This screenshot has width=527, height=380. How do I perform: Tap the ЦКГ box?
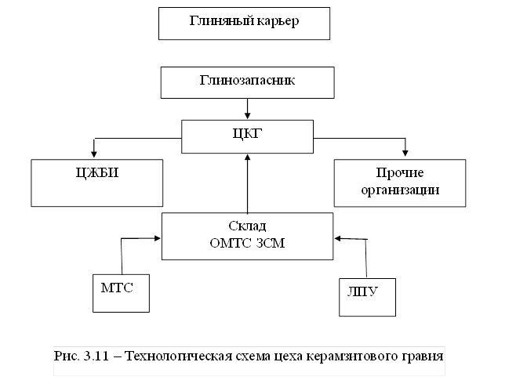coord(247,136)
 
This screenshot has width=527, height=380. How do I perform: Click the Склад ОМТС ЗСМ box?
coord(247,235)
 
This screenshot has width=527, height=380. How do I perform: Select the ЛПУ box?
coord(367,295)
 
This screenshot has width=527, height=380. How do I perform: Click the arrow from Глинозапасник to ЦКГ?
coord(248,107)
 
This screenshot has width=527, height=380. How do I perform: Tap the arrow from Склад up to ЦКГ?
coord(248,184)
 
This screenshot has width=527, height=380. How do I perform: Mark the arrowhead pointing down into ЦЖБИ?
coord(93,154)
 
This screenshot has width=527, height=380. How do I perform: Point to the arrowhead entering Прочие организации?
coord(405,154)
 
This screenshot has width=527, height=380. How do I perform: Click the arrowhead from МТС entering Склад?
coord(157,240)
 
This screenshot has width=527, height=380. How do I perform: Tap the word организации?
coord(405,190)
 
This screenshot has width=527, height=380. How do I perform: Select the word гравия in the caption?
coord(424,356)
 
